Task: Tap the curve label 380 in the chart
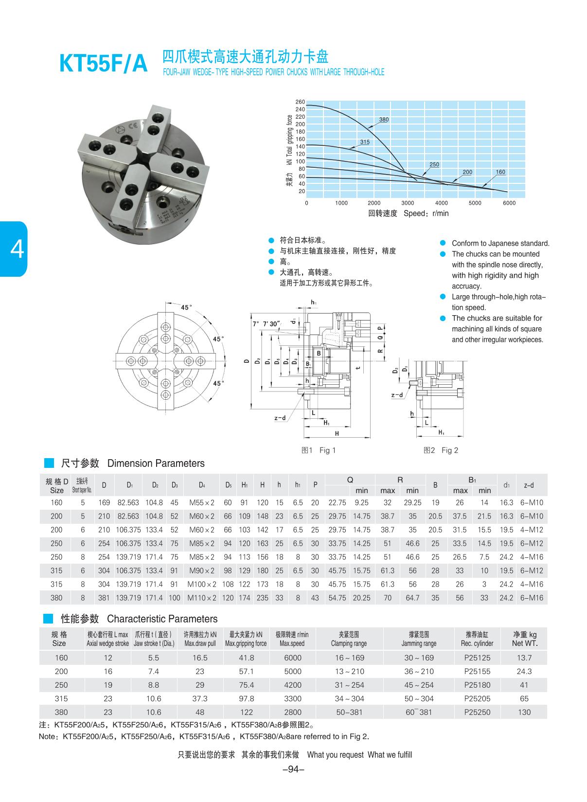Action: point(384,120)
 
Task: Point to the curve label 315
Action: point(365,142)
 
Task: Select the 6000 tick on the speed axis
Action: point(509,203)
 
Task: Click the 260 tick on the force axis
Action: point(300,102)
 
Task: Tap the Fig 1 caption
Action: point(319,450)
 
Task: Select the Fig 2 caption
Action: point(441,450)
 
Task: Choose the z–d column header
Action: point(529,485)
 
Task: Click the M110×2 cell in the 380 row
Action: point(201,598)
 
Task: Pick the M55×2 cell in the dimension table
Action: point(201,502)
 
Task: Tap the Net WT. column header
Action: point(525,639)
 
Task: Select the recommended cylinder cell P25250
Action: point(477,712)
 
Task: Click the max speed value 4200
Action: point(292,685)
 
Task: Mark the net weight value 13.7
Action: point(524,658)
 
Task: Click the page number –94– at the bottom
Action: point(293,769)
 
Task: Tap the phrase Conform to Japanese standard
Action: point(500,243)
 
